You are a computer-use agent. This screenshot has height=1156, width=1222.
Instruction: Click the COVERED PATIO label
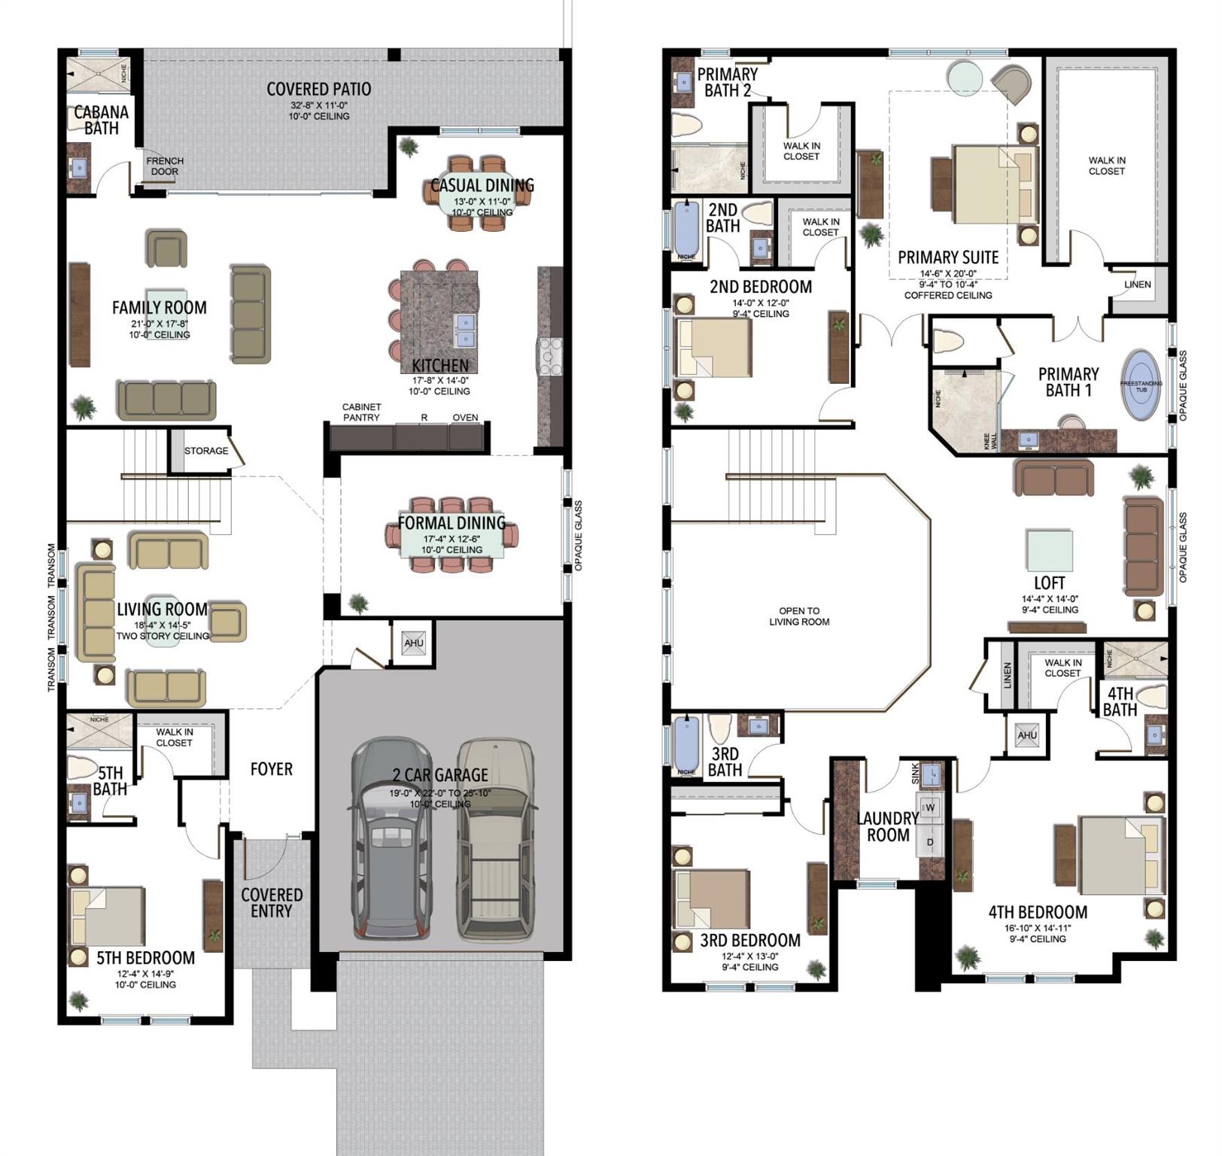319,90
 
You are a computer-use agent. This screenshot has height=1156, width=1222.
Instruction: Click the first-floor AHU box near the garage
413,643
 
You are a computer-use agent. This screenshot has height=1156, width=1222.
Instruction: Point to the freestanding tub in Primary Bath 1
1141,385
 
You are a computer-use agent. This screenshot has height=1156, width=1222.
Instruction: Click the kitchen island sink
465,331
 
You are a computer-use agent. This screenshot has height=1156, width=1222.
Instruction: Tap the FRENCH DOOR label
165,166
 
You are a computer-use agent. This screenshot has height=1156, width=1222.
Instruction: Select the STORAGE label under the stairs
206,451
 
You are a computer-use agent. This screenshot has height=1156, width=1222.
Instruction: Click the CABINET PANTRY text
361,412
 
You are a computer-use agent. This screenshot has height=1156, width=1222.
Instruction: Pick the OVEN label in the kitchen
465,418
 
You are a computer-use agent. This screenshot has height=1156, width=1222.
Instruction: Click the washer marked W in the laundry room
930,808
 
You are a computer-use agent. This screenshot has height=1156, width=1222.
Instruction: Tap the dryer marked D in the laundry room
930,841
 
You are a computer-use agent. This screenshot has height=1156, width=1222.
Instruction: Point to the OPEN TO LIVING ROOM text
799,616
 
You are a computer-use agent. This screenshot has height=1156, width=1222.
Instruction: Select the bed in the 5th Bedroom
108,916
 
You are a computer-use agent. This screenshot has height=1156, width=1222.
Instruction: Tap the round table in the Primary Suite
964,76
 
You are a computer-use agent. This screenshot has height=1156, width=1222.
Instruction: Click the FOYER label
272,769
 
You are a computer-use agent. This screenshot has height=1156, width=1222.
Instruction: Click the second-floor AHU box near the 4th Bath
1027,735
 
